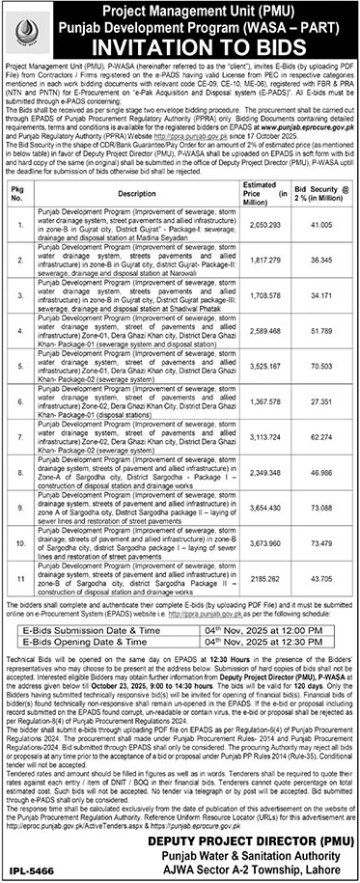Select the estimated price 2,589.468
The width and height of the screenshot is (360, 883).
click(x=265, y=330)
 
